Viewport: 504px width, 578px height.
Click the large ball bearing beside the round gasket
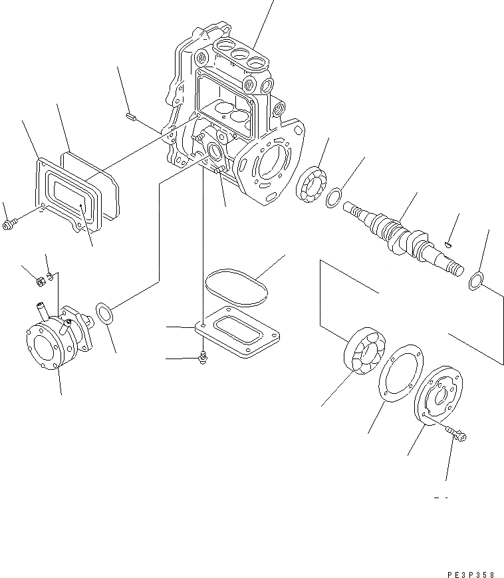point(363,352)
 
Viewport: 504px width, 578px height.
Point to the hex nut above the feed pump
point(39,281)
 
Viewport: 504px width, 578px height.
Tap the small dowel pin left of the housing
point(131,117)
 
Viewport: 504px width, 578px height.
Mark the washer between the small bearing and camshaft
point(335,198)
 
